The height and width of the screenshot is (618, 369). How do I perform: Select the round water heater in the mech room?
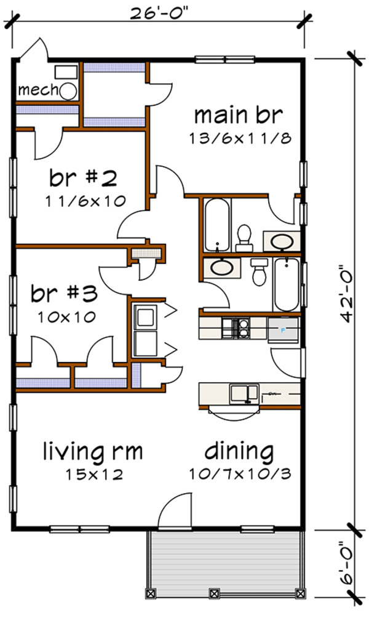[x=68, y=91]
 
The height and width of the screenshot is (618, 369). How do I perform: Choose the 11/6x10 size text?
[x=84, y=201]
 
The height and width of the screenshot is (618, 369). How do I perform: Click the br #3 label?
[x=65, y=294]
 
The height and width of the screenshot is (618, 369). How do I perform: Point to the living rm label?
[x=92, y=452]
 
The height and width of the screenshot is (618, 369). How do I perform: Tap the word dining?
[x=239, y=452]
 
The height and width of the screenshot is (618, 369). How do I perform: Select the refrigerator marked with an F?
[x=283, y=329]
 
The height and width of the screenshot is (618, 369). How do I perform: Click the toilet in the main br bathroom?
[x=244, y=238]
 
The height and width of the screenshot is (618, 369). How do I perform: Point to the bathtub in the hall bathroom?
[x=286, y=284]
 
